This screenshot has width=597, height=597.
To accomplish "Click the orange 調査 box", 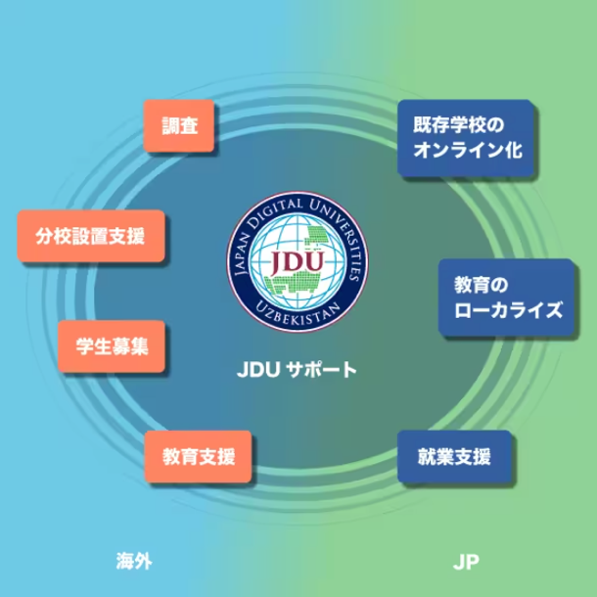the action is [179, 127].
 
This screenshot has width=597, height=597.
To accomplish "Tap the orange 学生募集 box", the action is [111, 347].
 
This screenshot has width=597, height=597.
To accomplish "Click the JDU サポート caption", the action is [298, 371].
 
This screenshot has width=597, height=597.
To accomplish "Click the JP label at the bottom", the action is [465, 561].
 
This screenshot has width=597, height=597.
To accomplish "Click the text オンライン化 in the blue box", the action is [465, 153].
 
